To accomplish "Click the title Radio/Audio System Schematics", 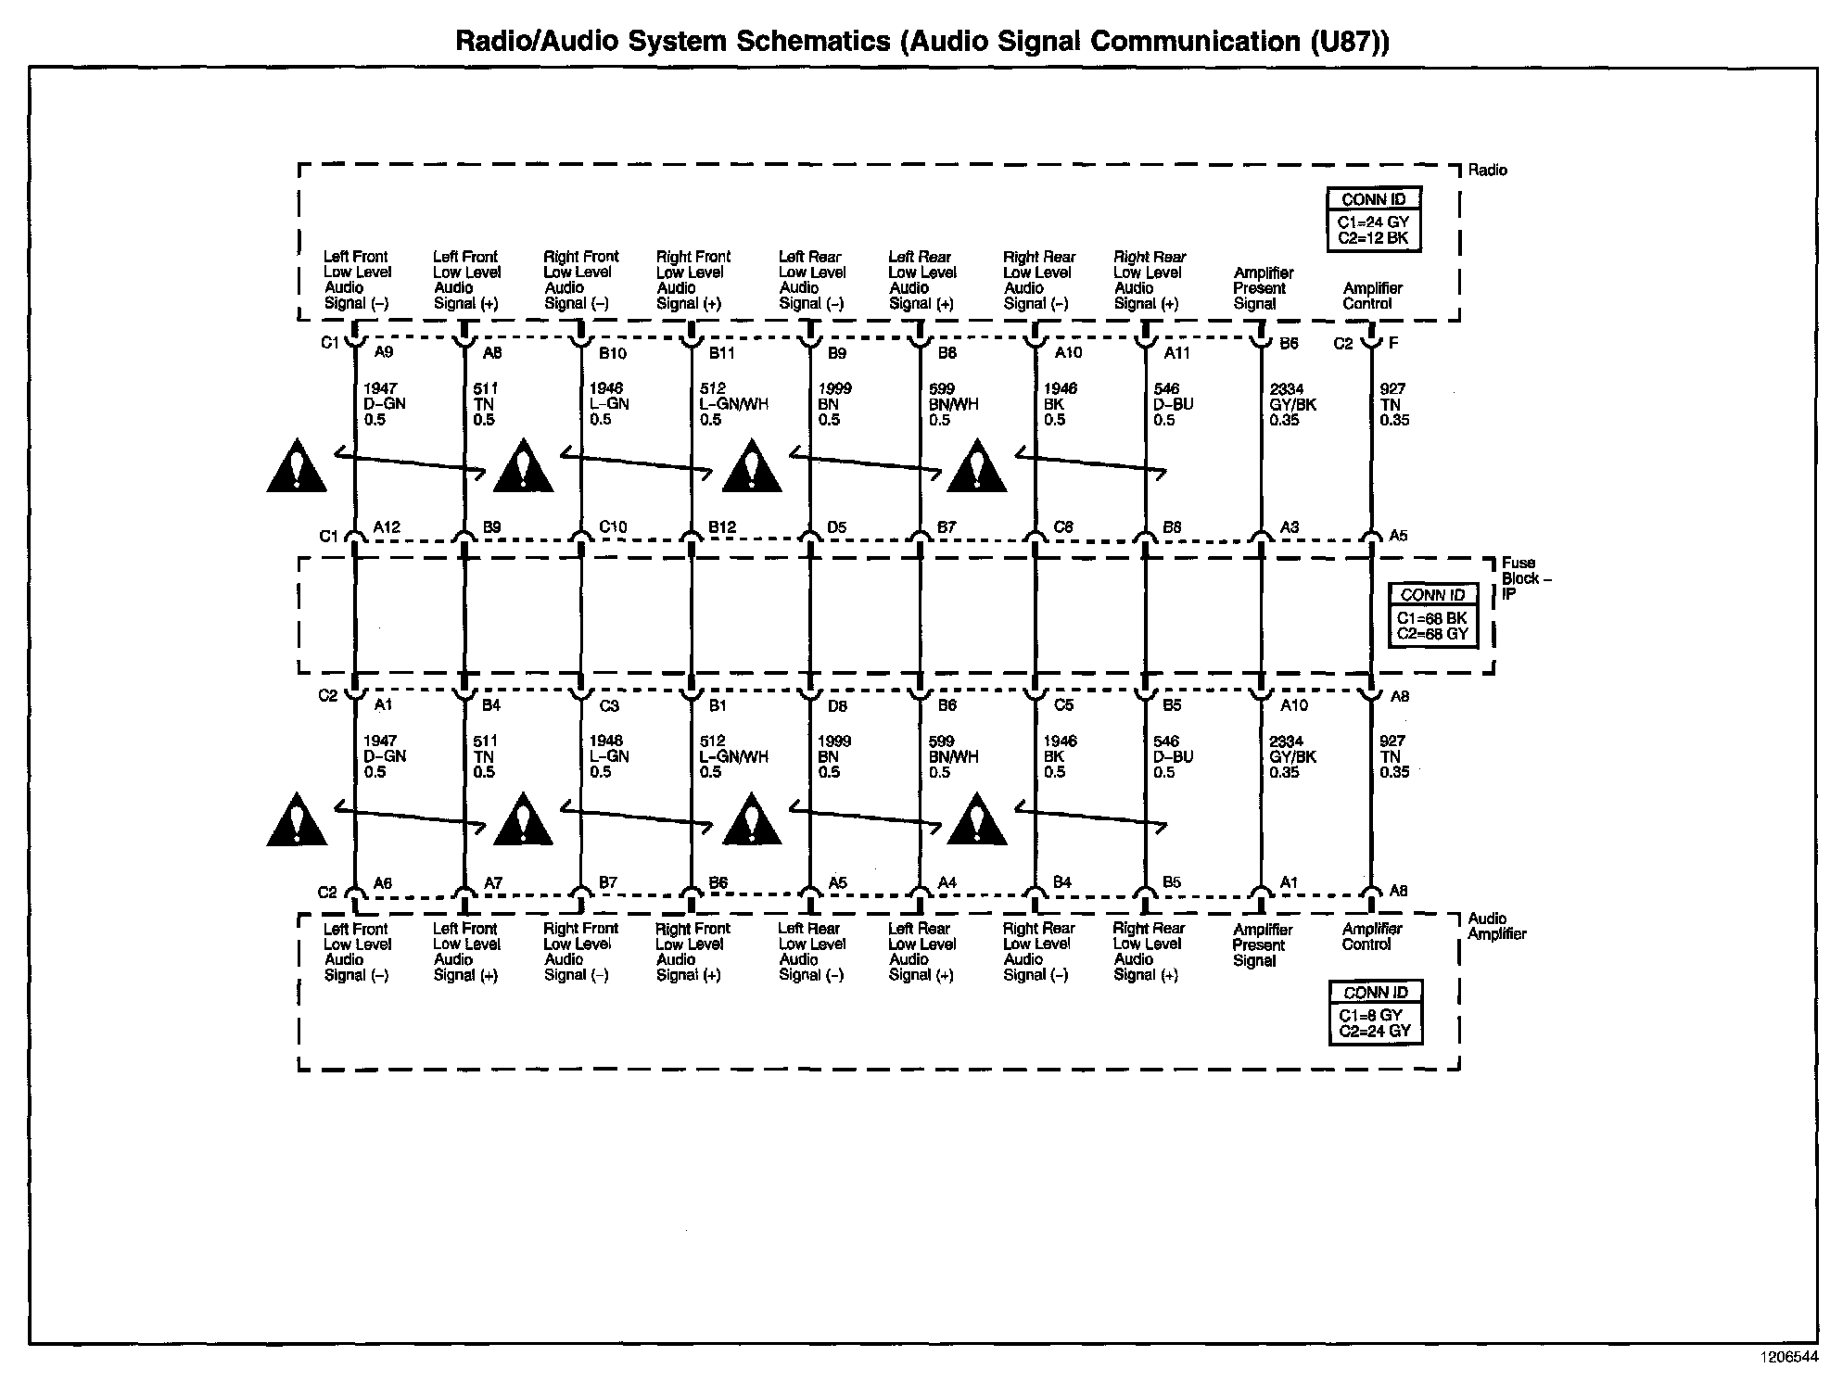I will pos(922,42).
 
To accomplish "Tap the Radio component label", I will pos(1487,171).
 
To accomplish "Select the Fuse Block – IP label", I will pos(1526,577).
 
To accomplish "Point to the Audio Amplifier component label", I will pos(1496,926).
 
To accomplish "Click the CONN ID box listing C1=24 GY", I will pos(1374,219).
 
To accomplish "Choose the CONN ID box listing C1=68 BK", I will pos(1432,615).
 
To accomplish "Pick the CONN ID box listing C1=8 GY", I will pos(1375,1013).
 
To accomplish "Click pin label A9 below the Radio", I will pos(384,352).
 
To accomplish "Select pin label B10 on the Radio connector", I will pos(613,353).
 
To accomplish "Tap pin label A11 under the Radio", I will pos(1177,353).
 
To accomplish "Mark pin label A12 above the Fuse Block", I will pos(387,527).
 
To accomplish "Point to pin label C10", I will pos(613,527).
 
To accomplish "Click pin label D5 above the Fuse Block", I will pos(837,527).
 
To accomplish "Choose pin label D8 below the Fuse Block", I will pos(837,705).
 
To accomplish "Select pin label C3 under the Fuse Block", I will pos(609,705).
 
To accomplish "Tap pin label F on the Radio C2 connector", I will pos(1393,343).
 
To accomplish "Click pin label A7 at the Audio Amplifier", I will pos(493,883).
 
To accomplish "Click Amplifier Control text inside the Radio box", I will pos(1372,296).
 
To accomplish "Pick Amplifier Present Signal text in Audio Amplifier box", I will pos(1262,944).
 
